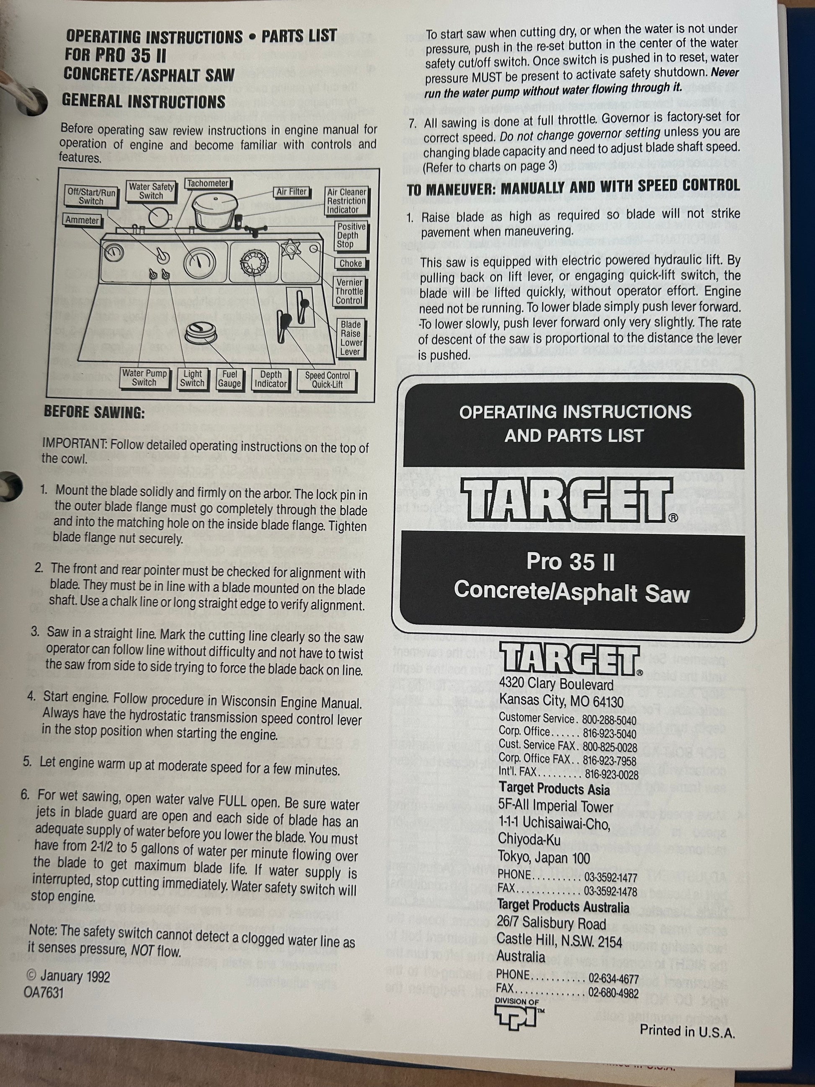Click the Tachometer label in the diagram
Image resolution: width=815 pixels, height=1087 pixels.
208,183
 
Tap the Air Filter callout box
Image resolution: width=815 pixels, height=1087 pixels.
291,192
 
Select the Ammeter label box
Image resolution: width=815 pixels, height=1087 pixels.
83,220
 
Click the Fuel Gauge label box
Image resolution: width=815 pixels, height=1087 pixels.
230,379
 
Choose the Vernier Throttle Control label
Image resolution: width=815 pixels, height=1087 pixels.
349,292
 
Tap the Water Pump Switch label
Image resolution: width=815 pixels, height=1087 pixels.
144,378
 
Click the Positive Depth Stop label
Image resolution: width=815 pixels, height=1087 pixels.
351,235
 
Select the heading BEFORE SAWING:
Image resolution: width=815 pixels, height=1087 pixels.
94,412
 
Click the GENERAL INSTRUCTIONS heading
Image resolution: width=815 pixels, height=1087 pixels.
144,101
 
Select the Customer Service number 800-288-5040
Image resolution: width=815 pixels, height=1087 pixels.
609,720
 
